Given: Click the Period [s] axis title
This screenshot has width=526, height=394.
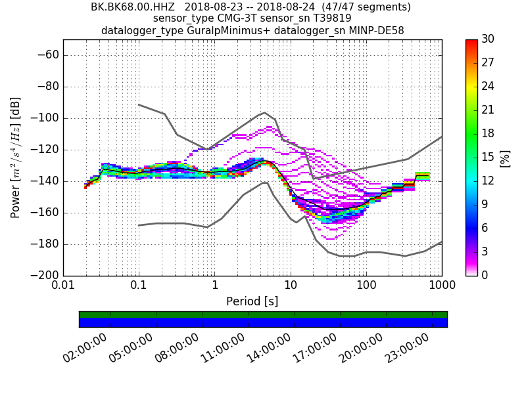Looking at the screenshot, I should point(252,301).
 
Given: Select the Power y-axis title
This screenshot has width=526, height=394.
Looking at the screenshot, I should point(16,158).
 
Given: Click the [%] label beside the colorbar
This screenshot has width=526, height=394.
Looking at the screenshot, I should point(505,158).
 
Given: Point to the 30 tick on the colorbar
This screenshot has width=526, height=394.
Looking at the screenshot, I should point(488,39).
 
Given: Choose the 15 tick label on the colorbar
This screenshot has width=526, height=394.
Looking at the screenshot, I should point(488,158).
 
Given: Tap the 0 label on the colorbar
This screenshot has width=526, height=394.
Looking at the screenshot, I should point(485,275).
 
